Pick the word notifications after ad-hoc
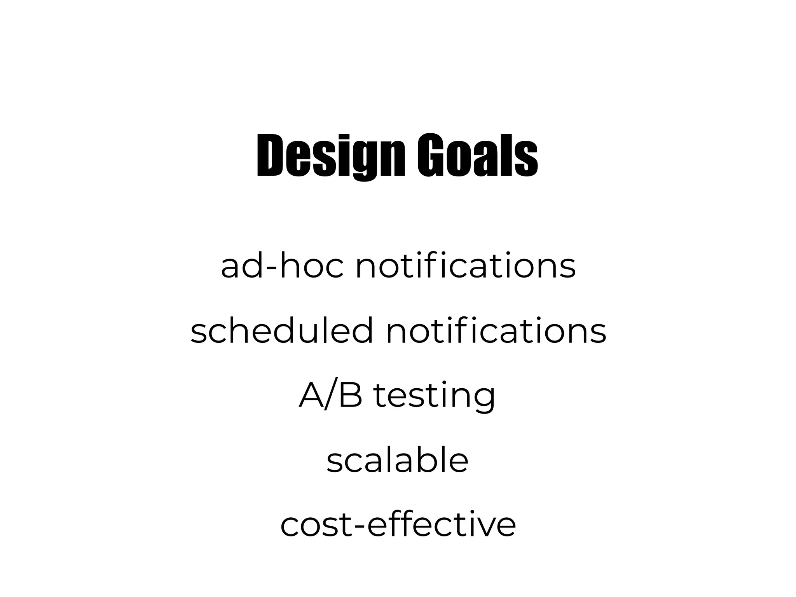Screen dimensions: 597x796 click(x=465, y=267)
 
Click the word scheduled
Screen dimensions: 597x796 click(x=282, y=331)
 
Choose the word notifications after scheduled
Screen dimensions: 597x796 click(x=496, y=331)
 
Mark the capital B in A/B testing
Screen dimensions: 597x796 click(x=350, y=396)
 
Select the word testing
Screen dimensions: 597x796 click(x=435, y=397)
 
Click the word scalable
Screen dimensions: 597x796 click(x=398, y=460)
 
